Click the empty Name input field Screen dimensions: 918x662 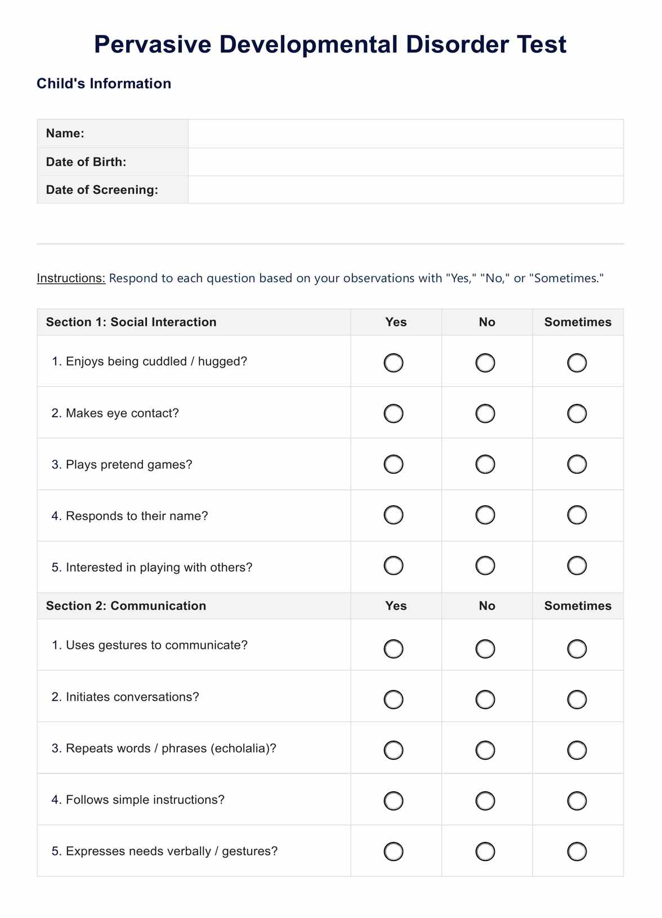[x=405, y=133]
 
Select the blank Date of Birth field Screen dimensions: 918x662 [x=405, y=162]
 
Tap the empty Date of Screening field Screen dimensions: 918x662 [x=405, y=190]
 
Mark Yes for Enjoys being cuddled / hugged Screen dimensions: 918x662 [x=393, y=363]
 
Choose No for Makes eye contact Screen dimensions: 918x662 [x=485, y=414]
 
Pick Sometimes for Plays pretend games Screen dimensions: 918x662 [x=577, y=465]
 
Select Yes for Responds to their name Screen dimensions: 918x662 [x=393, y=515]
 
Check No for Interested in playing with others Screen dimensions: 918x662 [x=485, y=565]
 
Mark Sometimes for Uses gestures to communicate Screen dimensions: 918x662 [x=577, y=649]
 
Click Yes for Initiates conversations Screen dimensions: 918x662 [x=393, y=699]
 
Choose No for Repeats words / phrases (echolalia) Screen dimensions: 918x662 [x=485, y=750]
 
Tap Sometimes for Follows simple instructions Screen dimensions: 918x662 [x=577, y=800]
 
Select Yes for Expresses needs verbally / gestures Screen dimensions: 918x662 [x=393, y=852]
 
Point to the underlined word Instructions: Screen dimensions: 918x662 [x=71, y=278]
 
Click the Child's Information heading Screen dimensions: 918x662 [x=104, y=83]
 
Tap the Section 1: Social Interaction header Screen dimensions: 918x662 [x=131, y=322]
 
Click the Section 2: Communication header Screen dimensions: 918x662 [x=126, y=606]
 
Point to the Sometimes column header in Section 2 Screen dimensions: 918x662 [x=578, y=606]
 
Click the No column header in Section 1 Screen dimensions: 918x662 [x=487, y=322]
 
